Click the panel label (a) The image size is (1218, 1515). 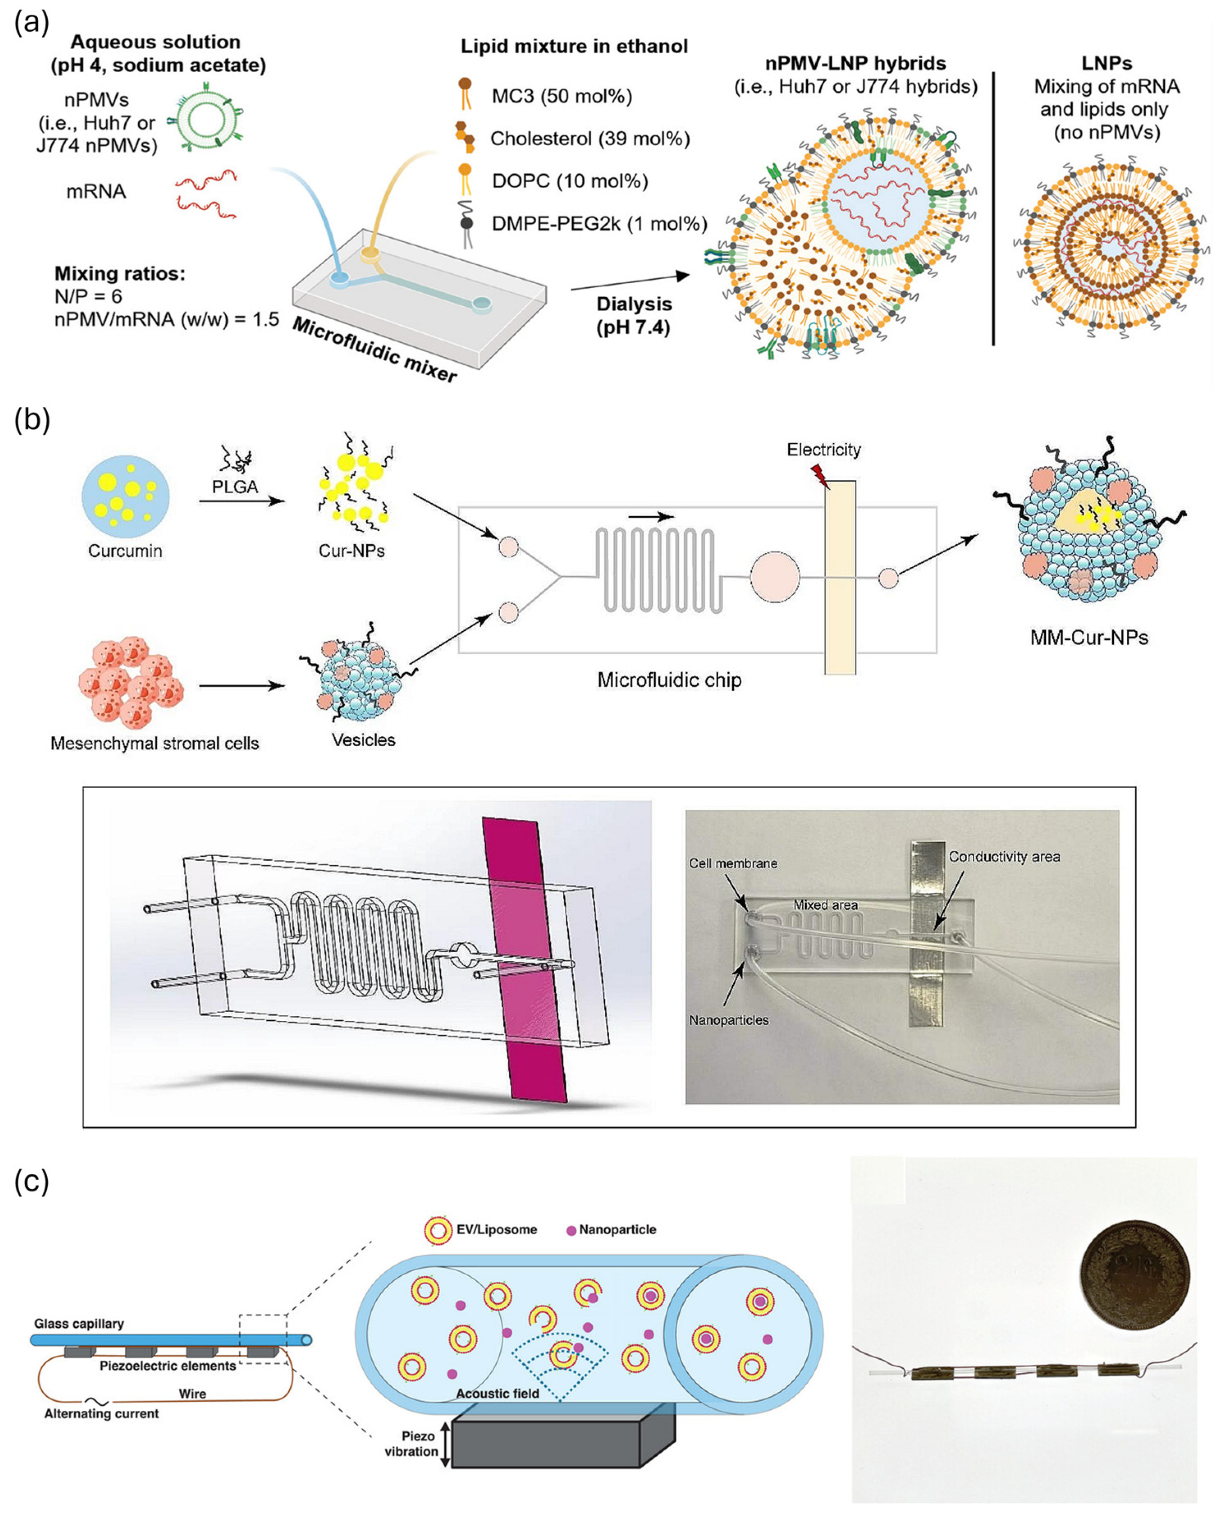click(32, 23)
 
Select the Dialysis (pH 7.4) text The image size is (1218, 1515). click(633, 316)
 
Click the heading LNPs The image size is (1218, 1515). click(1106, 63)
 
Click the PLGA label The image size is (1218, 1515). click(235, 486)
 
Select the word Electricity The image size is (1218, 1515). click(823, 450)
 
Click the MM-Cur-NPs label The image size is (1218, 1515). click(1089, 637)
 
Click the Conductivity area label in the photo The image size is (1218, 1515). click(1004, 857)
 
